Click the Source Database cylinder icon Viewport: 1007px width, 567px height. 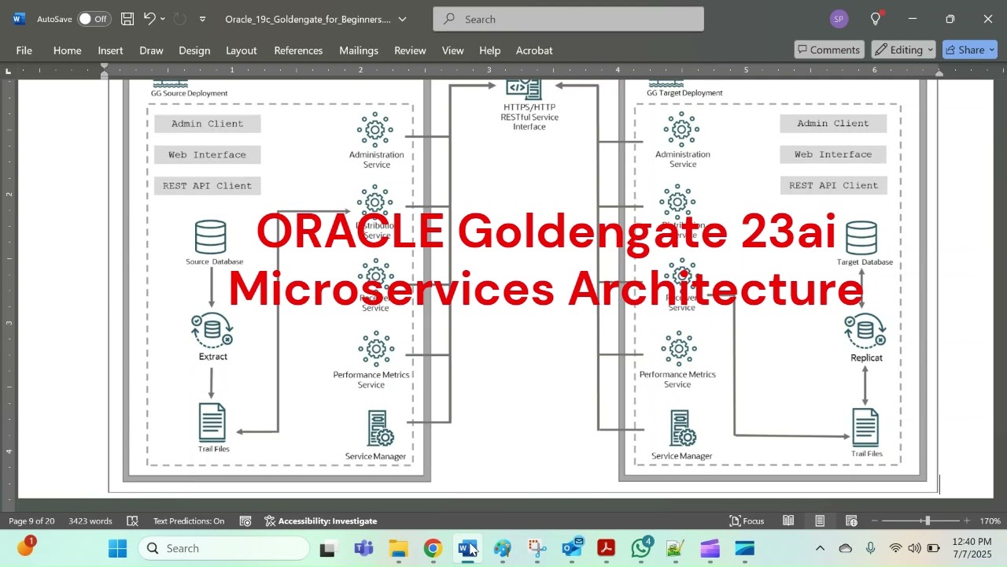pos(211,237)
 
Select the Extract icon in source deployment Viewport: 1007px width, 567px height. pos(212,330)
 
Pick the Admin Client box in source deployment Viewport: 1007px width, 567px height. pos(208,124)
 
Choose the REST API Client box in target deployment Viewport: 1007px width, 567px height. pos(833,186)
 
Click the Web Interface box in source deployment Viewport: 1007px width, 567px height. pos(208,155)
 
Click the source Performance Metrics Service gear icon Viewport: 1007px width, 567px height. pos(375,349)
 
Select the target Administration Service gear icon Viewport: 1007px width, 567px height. pos(681,129)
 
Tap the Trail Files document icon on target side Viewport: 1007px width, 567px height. pos(865,428)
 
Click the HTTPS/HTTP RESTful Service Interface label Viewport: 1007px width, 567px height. pos(529,117)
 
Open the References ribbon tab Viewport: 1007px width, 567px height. pos(298,50)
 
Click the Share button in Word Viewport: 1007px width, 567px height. pos(970,50)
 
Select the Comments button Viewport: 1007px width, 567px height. pos(828,50)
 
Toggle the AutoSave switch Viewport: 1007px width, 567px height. pos(94,19)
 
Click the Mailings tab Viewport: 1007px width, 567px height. pos(359,50)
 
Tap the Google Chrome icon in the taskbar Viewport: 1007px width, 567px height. pos(433,548)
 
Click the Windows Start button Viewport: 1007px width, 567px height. pos(117,548)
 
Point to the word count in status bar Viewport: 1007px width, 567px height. pos(90,521)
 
